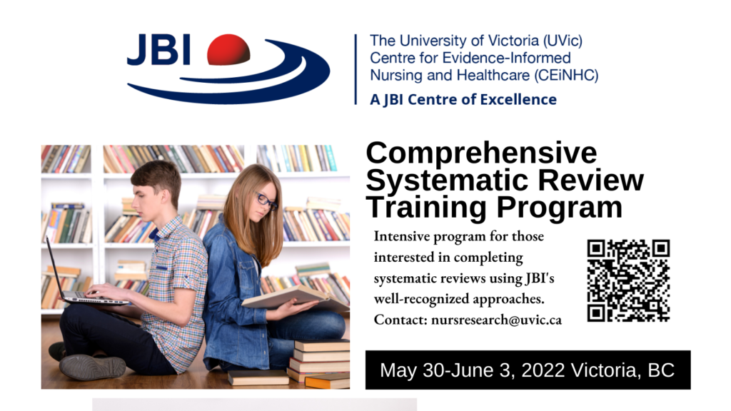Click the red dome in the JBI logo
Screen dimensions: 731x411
(x=228, y=49)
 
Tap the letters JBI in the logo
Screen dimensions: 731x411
(x=158, y=49)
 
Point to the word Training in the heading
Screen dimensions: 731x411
(x=427, y=208)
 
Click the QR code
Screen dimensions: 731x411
(x=628, y=280)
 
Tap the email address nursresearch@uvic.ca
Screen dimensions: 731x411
(x=496, y=320)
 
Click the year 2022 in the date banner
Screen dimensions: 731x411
(x=543, y=370)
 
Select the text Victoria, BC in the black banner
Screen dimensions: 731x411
(x=622, y=370)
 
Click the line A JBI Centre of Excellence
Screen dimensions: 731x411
(x=463, y=99)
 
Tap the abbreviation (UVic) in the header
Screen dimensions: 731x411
(x=563, y=41)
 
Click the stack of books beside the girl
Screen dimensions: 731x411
(x=319, y=363)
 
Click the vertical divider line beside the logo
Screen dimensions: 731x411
(x=356, y=69)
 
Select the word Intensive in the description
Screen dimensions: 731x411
(x=402, y=236)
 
